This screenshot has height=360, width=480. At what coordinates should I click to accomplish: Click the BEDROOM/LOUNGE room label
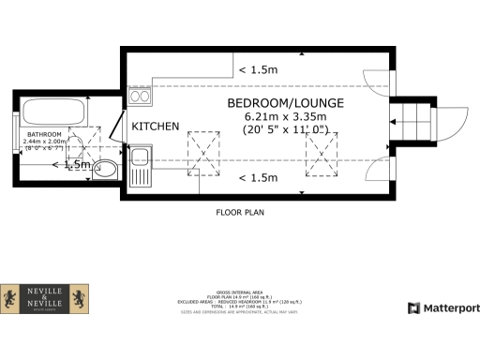(x=285, y=102)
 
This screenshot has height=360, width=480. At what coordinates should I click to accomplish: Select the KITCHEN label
(x=155, y=127)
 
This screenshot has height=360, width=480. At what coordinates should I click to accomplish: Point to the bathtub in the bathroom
(x=53, y=112)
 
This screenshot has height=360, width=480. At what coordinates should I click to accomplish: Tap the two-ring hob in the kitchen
(x=141, y=95)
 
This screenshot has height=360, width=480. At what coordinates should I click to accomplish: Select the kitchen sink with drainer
(x=141, y=166)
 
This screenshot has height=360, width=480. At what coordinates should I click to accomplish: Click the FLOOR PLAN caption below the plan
(x=240, y=213)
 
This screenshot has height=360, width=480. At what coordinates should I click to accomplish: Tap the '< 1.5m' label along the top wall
(x=258, y=69)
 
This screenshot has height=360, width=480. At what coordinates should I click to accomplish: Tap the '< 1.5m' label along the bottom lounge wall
(x=258, y=177)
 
